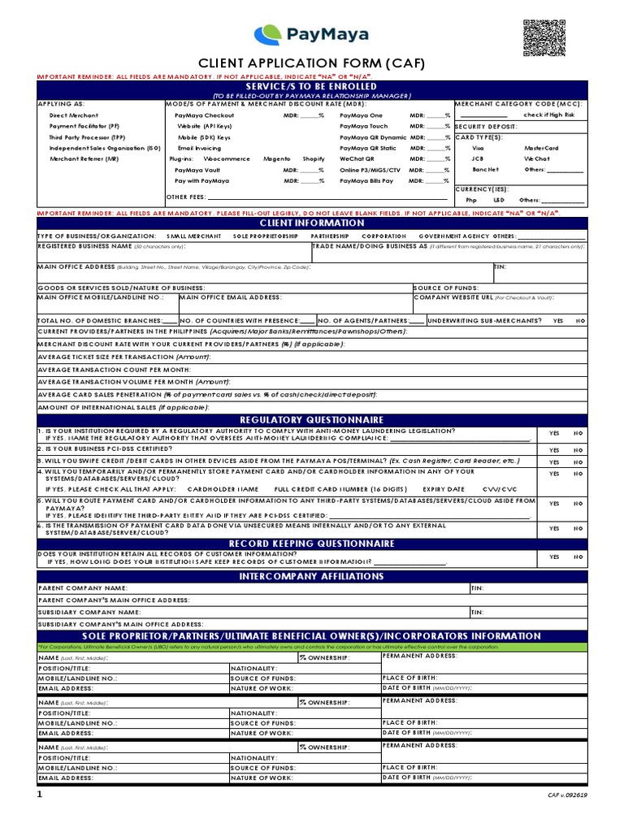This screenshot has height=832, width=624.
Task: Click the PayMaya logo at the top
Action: pos(310,34)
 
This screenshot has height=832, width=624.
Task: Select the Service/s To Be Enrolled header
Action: pos(311,85)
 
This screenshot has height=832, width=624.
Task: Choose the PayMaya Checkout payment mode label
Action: pos(204,115)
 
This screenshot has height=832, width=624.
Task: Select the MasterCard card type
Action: pos(541,148)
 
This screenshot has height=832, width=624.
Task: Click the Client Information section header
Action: pos(311,223)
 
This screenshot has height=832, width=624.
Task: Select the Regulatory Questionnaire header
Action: pos(311,418)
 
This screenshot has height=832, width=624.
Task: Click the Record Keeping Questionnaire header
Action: pos(311,543)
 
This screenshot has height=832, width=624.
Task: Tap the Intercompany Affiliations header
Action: pos(311,576)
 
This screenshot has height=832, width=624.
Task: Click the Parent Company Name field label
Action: pos(82,587)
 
